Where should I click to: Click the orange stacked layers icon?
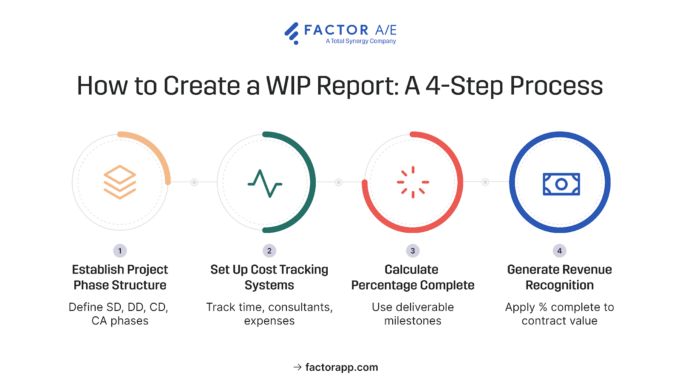120,182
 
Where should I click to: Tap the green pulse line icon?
265,183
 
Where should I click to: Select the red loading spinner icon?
413,182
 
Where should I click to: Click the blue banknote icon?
561,184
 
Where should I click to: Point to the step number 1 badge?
120,251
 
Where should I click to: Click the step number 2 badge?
269,251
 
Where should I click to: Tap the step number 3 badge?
413,251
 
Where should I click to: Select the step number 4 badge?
559,251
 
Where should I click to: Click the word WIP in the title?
289,86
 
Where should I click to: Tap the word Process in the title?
556,86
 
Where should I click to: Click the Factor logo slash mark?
292,33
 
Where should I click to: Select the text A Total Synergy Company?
361,41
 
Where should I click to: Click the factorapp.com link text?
342,367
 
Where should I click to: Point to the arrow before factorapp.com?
297,367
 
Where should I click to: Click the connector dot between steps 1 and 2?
194,182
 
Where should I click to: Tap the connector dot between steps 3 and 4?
485,182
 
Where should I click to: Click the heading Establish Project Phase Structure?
120,277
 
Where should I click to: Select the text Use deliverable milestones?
413,314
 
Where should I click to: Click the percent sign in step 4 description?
543,307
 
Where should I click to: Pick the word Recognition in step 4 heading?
559,285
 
